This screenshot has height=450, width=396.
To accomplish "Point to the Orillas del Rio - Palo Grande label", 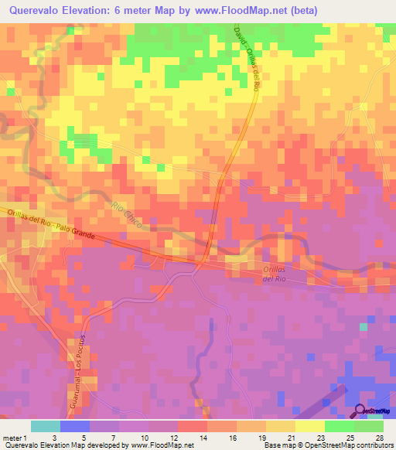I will [x=51, y=225].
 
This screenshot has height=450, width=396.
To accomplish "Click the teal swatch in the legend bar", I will [x=45, y=426].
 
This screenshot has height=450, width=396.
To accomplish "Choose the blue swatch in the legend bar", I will [x=74, y=426].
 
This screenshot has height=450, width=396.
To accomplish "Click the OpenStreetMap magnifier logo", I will [x=360, y=411].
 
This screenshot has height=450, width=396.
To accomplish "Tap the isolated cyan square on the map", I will [x=363, y=327].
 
